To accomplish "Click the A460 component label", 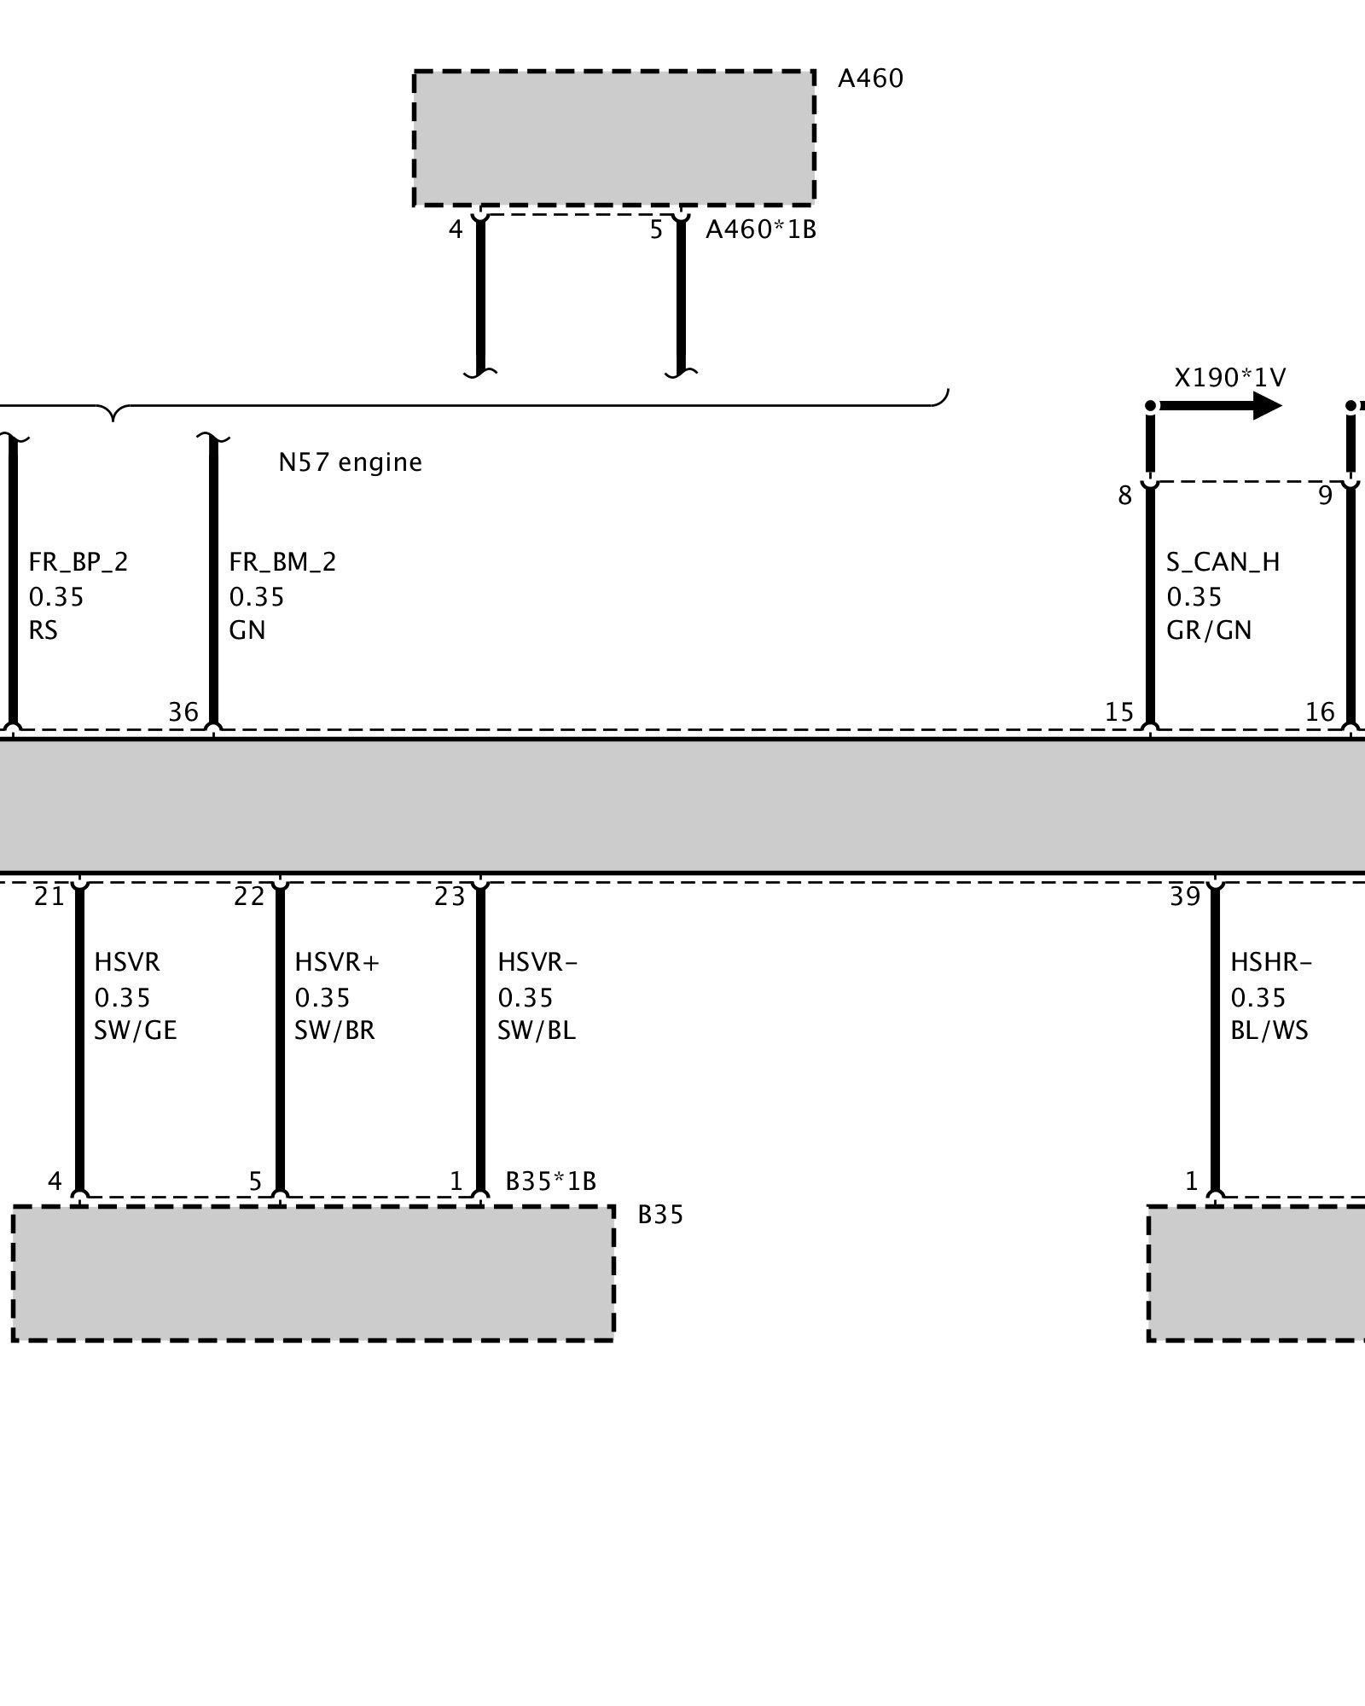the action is click(x=869, y=78).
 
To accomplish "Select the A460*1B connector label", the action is click(x=760, y=229).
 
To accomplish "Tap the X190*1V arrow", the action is click(x=1220, y=405).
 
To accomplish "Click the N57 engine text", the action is click(x=350, y=462).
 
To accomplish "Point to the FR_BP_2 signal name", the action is click(x=78, y=562).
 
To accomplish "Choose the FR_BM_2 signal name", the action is click(x=282, y=562).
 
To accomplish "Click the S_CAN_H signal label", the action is click(x=1223, y=562).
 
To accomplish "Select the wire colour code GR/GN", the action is click(x=1208, y=630).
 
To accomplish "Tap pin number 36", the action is click(x=183, y=712).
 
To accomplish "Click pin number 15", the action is click(x=1119, y=712).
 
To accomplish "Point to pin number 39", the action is click(x=1185, y=897).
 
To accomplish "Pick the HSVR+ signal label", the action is click(x=337, y=962).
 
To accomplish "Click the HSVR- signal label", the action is click(x=537, y=962).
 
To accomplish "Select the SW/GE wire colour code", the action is click(x=135, y=1030).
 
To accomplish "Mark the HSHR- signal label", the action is click(x=1270, y=962).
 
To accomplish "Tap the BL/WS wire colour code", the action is click(x=1269, y=1030).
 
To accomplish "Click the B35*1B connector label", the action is click(x=550, y=1181).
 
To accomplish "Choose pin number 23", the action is click(x=450, y=897).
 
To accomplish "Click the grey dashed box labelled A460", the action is click(x=614, y=138).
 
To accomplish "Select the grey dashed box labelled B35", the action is click(x=313, y=1273).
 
